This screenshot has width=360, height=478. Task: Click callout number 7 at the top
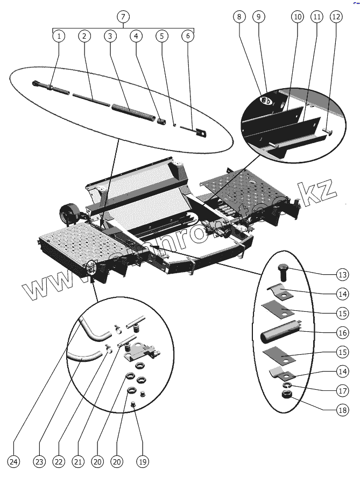[123, 17]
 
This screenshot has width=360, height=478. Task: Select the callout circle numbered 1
[59, 37]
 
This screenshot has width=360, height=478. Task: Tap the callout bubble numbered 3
[110, 37]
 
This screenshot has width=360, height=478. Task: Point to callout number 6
[188, 37]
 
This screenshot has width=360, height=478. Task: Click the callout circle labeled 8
[239, 17]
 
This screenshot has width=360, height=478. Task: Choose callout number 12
[336, 17]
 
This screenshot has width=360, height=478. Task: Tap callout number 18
[343, 410]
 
